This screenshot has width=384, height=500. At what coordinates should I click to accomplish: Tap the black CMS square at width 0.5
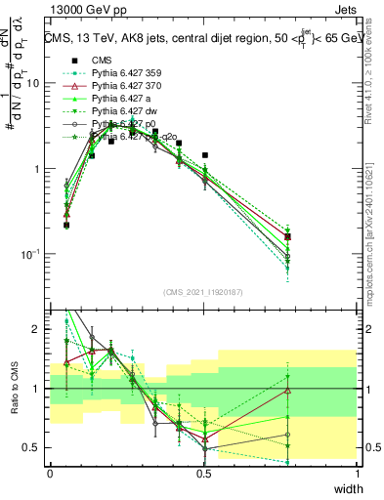pos(204,155)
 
